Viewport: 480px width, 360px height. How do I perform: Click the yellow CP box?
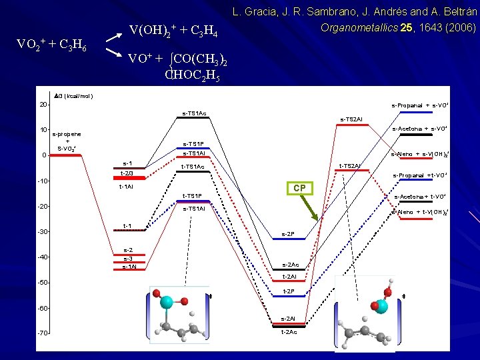[299, 188]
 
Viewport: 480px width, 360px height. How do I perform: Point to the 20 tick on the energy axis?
[42, 105]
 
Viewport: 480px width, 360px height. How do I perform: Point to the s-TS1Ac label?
[194, 113]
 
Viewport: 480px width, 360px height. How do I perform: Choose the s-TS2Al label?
[351, 119]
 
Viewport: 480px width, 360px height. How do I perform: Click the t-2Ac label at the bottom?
[289, 332]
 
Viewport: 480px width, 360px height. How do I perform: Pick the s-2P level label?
[288, 234]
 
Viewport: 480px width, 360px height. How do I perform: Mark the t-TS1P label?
[193, 196]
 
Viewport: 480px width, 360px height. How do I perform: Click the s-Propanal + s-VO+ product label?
[419, 105]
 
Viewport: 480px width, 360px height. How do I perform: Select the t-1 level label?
[127, 226]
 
